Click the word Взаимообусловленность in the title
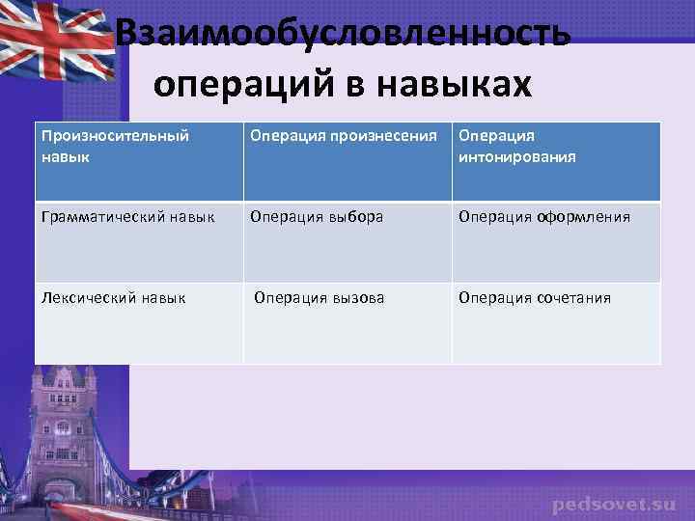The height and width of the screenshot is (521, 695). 343,37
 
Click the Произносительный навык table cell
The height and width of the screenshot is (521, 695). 139,161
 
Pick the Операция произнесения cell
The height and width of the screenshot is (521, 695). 347,161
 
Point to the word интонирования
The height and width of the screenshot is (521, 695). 517,156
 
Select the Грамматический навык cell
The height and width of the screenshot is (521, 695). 139,241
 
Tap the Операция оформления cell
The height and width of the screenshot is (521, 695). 556,241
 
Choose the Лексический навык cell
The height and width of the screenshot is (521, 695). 139,322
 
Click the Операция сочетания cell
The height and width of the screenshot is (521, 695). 556,322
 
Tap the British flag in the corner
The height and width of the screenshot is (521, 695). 53,43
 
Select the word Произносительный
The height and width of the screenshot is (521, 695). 115,136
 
